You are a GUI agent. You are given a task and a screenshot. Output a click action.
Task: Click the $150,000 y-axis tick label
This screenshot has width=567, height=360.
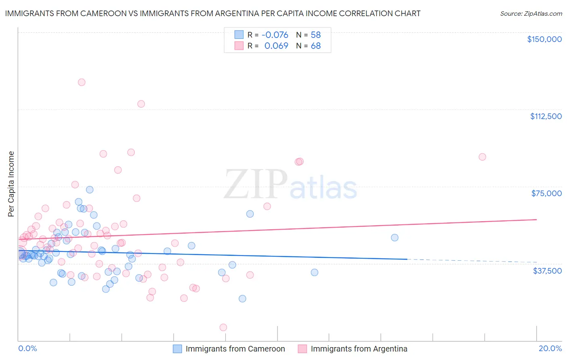(544, 39)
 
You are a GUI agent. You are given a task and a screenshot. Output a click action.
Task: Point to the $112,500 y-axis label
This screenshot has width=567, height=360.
(545, 116)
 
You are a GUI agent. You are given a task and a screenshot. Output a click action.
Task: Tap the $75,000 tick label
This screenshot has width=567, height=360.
(546, 193)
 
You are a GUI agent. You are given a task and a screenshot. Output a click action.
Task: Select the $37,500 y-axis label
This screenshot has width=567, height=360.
(547, 271)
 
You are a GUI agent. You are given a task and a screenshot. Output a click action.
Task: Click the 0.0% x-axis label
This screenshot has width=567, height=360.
(27, 348)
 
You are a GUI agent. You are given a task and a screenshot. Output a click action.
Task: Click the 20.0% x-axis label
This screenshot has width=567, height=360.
(550, 348)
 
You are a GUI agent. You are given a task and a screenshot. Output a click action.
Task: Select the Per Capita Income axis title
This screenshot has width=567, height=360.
(11, 184)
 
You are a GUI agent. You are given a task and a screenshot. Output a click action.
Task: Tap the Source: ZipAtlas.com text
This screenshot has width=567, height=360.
(531, 13)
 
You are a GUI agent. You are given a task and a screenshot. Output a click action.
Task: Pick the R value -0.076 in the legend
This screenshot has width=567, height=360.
(275, 35)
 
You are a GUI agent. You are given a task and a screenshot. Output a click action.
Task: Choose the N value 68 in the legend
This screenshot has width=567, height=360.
(315, 46)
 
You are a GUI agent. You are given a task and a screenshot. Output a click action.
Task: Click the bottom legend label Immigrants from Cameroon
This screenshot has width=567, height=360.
(235, 349)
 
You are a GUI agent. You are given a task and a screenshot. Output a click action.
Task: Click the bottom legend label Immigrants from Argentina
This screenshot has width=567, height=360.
(359, 349)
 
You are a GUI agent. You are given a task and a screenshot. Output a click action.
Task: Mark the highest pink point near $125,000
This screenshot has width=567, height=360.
(81, 82)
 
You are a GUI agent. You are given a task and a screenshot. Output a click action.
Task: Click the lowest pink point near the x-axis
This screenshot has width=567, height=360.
(223, 327)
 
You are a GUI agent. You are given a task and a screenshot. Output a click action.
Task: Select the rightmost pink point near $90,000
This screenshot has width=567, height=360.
(482, 157)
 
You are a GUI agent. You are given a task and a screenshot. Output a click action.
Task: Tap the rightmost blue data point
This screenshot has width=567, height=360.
(395, 238)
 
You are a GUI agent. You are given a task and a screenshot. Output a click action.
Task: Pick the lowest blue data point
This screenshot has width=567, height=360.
(242, 299)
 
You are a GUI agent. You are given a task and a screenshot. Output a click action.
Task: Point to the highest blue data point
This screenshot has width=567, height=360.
(90, 190)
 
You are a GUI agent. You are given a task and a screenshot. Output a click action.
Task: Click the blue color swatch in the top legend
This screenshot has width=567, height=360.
(239, 35)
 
